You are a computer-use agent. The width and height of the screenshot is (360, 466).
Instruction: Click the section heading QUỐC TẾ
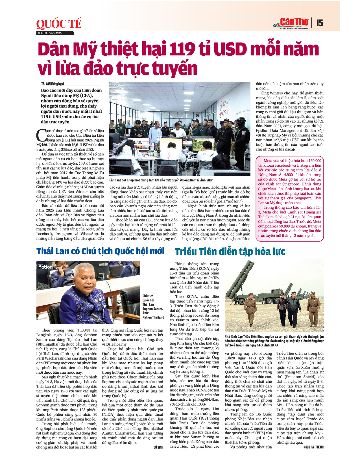click(x=59, y=24)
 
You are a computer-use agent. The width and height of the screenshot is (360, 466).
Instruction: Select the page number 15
click(x=320, y=23)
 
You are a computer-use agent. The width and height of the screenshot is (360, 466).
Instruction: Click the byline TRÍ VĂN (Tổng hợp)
click(x=53, y=84)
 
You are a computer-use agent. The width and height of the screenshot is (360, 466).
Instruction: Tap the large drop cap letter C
click(x=41, y=135)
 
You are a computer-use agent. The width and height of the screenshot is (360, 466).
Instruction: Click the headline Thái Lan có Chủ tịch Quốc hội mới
click(x=100, y=251)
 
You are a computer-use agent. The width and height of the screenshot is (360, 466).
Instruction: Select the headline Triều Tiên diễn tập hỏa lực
click(x=230, y=251)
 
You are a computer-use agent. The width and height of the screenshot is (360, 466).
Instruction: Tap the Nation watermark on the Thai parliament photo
click(x=45, y=267)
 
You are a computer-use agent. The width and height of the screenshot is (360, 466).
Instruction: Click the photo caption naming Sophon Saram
click(x=153, y=306)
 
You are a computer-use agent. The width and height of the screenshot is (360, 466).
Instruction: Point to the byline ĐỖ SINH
click(x=158, y=447)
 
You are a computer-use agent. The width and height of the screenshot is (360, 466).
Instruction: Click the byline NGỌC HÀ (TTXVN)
click(x=313, y=447)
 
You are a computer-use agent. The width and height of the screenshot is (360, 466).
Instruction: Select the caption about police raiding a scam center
click(x=161, y=180)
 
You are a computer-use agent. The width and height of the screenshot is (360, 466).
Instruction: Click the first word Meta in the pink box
click(x=268, y=161)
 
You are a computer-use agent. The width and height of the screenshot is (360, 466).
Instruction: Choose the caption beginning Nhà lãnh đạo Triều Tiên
click(x=274, y=341)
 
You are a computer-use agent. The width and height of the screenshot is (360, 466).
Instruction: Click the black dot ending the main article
click(x=294, y=149)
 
